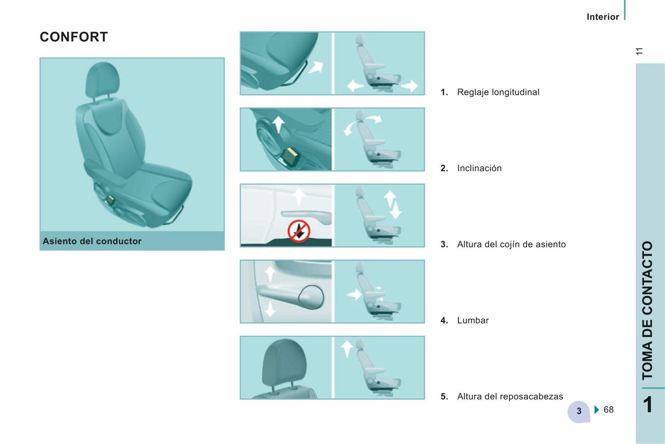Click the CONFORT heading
tap(74, 37)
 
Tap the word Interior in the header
tap(603, 17)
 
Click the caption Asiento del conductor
tap(92, 241)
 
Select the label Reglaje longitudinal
tap(498, 92)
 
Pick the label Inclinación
tap(479, 168)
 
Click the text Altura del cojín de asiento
tap(511, 244)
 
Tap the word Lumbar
tap(473, 321)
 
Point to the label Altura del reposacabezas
tap(510, 397)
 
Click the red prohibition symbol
tap(299, 231)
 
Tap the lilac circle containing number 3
tap(578, 411)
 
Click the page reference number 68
tap(608, 409)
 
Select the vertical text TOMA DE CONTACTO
tap(648, 310)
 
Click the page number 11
tap(639, 51)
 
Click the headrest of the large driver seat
tap(103, 79)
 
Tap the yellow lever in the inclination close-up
tap(291, 158)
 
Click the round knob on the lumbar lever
tap(311, 297)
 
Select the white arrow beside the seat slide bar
tap(316, 67)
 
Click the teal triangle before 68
tap(597, 409)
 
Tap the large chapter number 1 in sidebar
tap(648, 404)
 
